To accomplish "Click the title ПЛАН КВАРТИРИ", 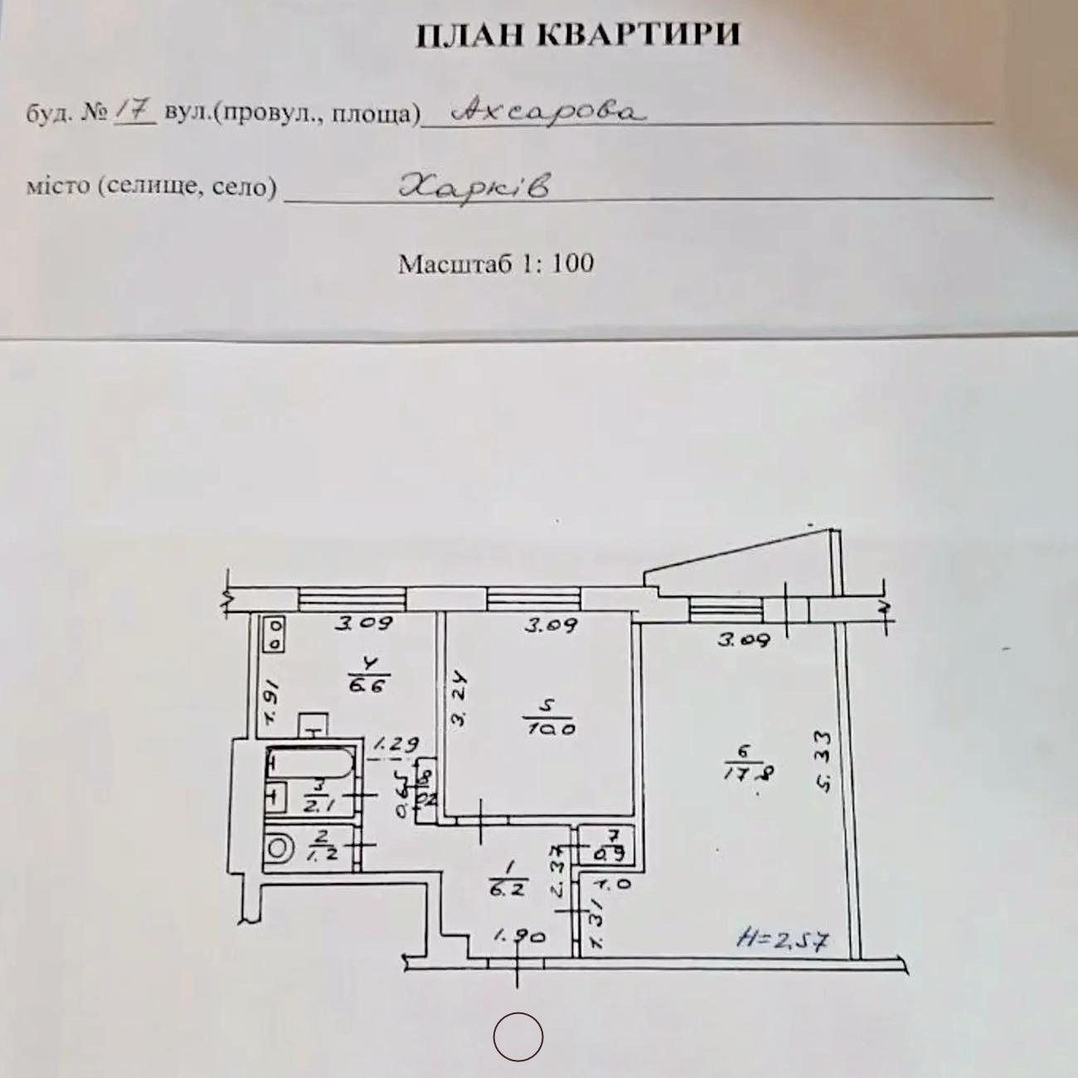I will [576, 35].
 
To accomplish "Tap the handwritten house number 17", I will [133, 111].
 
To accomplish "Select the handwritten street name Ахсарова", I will [546, 111].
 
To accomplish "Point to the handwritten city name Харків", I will [474, 186].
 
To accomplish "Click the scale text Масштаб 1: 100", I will [496, 264].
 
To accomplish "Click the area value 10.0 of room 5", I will [551, 729].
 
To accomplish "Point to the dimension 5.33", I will [823, 760].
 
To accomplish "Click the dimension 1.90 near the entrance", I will [520, 936].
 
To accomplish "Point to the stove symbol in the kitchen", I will [274, 634].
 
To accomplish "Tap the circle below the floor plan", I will [518, 1037].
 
